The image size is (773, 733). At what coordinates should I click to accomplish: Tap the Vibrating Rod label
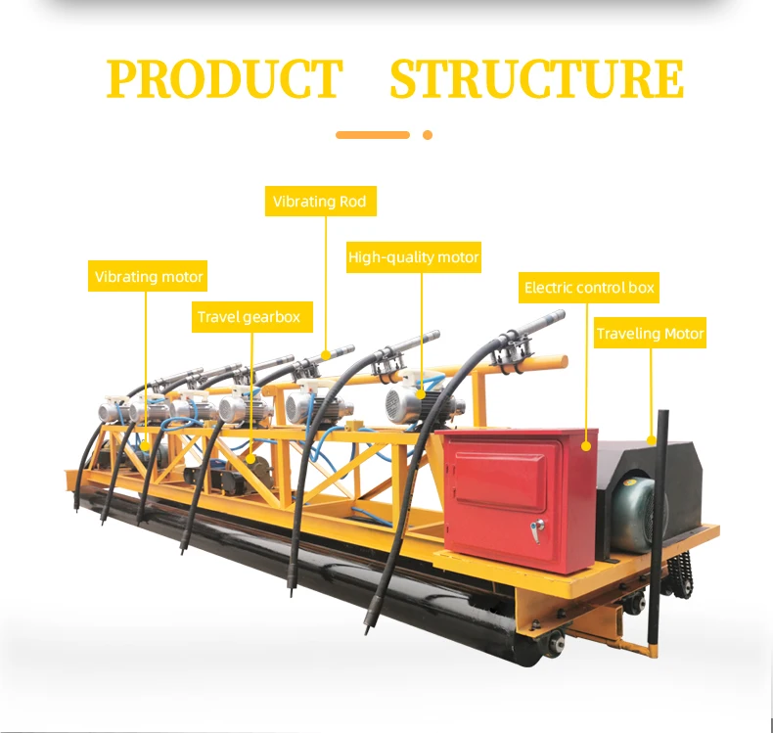pos(320,202)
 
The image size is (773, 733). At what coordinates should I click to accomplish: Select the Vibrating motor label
pos(149,277)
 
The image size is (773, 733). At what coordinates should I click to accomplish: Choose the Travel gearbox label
pos(249,317)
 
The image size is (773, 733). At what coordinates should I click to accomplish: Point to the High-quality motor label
pos(414,257)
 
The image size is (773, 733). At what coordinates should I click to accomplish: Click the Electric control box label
pos(589,288)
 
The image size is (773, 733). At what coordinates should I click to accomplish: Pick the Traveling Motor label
pos(650,334)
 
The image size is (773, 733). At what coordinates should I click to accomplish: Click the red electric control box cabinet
pos(519,499)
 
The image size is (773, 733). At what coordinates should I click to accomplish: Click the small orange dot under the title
pos(427,135)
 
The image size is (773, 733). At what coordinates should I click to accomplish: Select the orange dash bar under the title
pos(373,135)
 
